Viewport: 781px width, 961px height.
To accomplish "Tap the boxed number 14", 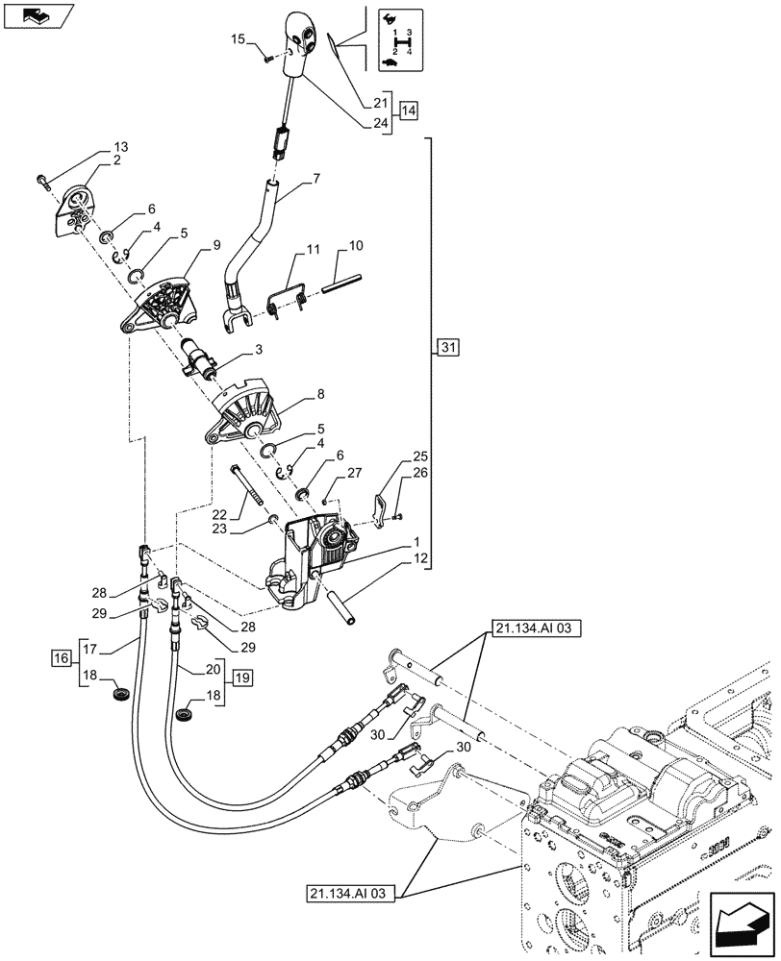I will point(409,111).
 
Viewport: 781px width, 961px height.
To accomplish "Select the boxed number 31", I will point(449,347).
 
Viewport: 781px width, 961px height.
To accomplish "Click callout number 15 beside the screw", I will point(238,40).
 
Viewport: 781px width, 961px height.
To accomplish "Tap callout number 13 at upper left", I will point(119,147).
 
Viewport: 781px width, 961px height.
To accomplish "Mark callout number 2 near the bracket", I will point(115,160).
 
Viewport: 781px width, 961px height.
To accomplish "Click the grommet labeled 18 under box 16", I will point(121,693).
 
